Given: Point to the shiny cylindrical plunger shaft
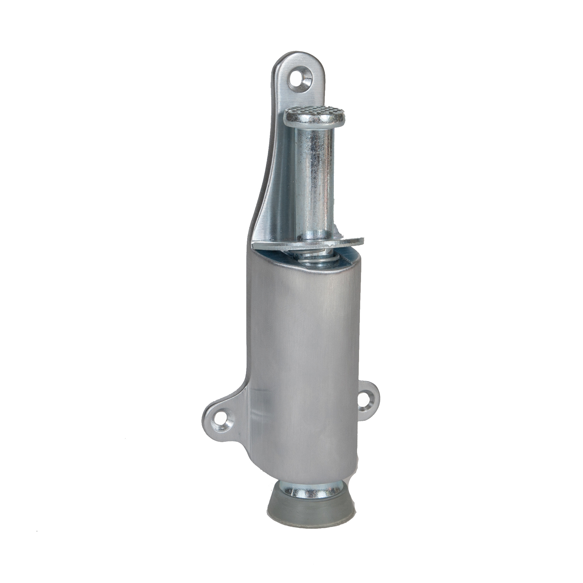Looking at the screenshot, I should point(316,175).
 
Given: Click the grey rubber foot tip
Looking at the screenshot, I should point(311,505).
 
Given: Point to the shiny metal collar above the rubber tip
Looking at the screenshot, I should point(311,489).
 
